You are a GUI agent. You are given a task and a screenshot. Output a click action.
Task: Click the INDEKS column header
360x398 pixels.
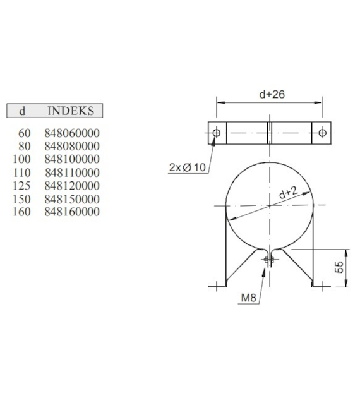[71, 111]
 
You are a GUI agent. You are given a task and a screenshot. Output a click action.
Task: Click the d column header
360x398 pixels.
[23, 111]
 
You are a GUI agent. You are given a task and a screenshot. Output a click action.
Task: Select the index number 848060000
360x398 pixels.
[72, 133]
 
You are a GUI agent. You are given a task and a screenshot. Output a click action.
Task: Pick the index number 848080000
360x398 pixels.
[72, 146]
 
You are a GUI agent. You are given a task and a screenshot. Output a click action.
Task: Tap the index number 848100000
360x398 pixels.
[72, 159]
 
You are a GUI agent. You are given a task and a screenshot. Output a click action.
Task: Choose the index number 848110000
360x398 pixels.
[72, 172]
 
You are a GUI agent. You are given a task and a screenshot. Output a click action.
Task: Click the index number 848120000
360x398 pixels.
[72, 186]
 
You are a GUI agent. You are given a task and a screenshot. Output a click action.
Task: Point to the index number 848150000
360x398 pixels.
[72, 199]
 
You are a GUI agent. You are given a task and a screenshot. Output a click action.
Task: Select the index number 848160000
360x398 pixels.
[72, 212]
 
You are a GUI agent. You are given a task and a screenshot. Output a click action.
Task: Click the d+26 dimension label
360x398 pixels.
[272, 95]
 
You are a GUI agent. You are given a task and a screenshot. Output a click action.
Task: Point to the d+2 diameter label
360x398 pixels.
[288, 193]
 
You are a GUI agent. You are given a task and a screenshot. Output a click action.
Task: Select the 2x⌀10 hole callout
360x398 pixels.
[188, 167]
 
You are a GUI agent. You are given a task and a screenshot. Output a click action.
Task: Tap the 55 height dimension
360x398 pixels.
[340, 267]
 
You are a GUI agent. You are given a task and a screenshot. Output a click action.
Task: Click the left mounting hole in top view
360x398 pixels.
[217, 133]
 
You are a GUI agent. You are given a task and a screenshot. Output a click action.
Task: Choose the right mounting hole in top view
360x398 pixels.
[322, 133]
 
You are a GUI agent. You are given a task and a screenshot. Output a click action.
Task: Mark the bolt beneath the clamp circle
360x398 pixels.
[270, 262]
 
